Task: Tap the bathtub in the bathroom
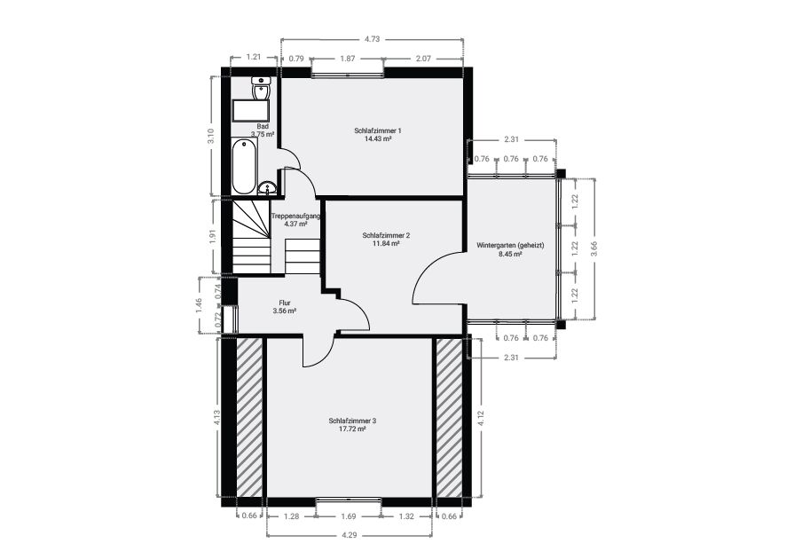(x=244, y=167)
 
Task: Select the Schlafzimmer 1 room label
(x=378, y=130)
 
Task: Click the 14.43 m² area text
(x=378, y=139)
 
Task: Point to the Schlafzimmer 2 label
(x=386, y=235)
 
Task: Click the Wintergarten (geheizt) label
(x=510, y=246)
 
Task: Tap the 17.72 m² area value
(x=352, y=429)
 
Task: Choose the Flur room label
(x=284, y=303)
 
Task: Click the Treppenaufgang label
(x=295, y=216)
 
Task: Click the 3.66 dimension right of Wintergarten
(x=594, y=248)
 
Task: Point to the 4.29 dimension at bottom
(x=349, y=535)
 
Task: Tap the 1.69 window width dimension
(x=348, y=516)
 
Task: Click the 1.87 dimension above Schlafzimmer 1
(x=348, y=59)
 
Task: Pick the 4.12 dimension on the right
(x=481, y=418)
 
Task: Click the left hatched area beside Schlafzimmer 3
(x=249, y=418)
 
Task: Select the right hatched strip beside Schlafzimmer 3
(x=449, y=418)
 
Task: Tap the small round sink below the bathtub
(x=266, y=188)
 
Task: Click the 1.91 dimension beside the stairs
(x=212, y=236)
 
